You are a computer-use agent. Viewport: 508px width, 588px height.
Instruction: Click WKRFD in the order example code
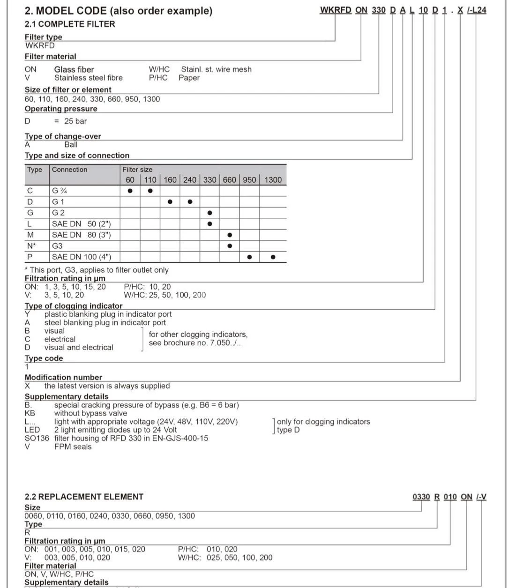click(x=336, y=10)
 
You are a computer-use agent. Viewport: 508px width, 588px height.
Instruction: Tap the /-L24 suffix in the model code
click(x=477, y=10)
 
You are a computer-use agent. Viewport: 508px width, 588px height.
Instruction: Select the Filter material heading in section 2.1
click(x=50, y=56)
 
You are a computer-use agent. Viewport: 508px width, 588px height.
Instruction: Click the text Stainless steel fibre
click(x=88, y=78)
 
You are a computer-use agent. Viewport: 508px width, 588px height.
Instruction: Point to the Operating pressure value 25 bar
click(x=75, y=121)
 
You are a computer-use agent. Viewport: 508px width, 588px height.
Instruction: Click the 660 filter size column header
click(x=229, y=180)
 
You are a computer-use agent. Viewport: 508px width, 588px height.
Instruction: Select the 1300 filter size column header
click(x=273, y=180)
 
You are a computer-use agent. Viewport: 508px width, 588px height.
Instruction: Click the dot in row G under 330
click(x=209, y=213)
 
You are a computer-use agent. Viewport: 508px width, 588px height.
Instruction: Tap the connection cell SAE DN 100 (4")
click(x=82, y=257)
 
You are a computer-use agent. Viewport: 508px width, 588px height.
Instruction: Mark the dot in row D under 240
click(x=190, y=202)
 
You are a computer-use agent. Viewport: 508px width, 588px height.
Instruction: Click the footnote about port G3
click(x=97, y=270)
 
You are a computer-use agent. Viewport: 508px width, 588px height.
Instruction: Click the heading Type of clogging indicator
click(x=74, y=306)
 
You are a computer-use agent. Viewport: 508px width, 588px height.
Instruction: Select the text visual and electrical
click(x=79, y=348)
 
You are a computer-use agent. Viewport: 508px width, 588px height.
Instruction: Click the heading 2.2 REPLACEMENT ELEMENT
click(x=84, y=497)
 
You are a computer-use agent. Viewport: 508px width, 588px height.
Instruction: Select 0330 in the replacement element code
click(x=421, y=497)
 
